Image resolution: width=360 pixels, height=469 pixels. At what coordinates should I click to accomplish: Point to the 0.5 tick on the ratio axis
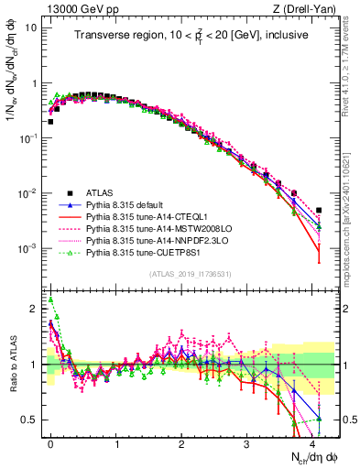tap(28, 420)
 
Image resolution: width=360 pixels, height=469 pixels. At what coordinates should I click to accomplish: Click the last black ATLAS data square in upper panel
tap(319, 210)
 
